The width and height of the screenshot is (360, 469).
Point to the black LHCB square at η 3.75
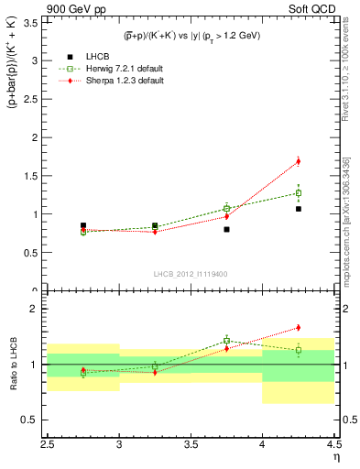[x=226, y=229]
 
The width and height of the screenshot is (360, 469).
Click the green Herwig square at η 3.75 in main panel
[x=226, y=208]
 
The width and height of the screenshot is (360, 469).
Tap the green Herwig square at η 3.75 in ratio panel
[x=226, y=340]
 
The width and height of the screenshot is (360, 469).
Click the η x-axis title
[x=335, y=455]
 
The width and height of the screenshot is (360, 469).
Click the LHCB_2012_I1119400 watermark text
[x=191, y=274]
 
